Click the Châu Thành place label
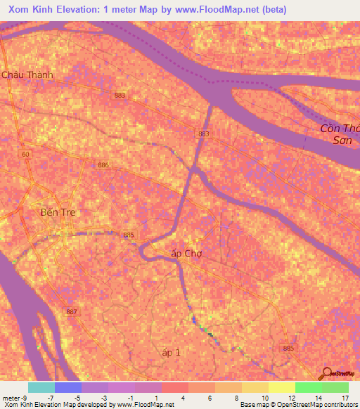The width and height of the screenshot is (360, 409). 27,74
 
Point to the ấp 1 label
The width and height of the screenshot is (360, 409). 169,353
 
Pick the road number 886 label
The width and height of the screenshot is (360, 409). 104,165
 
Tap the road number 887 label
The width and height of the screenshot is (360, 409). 71,311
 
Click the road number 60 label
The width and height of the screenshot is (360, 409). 26,155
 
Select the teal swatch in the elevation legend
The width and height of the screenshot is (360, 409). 41,387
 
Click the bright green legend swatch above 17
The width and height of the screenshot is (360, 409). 335,387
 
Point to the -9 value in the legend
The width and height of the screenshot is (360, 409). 25,398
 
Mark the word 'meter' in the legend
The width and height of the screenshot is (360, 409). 11,398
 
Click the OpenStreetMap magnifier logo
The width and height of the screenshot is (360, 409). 326,372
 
